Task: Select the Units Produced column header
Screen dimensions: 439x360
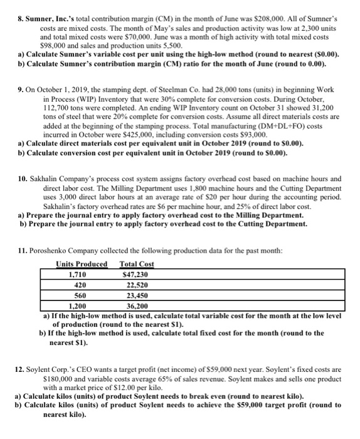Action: [x=82, y=264]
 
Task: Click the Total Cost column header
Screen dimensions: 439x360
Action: [x=137, y=264]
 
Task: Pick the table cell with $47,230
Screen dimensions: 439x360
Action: [x=135, y=274]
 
